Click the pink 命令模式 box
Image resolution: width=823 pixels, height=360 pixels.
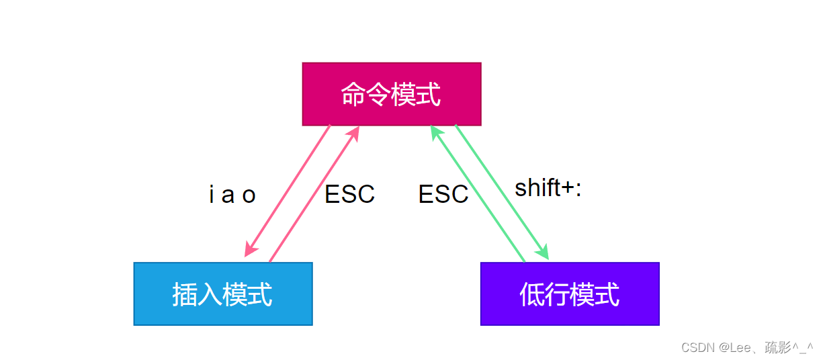point(392,94)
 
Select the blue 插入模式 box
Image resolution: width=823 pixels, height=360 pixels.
point(223,294)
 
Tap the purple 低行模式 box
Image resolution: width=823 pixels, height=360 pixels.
point(570,294)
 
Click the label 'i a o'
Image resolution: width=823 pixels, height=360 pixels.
point(232,194)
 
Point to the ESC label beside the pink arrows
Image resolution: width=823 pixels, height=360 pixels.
point(349,194)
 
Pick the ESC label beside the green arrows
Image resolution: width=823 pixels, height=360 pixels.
point(443,194)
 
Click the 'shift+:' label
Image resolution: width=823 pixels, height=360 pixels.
point(548,187)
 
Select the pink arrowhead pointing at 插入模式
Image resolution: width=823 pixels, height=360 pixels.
point(251,249)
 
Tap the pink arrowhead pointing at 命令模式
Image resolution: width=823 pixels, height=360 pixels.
point(353,134)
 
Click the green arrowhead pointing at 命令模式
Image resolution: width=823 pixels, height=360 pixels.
point(437,133)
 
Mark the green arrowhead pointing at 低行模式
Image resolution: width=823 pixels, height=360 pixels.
point(542,252)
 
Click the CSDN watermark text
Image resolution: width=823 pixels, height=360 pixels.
point(747,347)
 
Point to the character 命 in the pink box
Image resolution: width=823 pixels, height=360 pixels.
point(353,95)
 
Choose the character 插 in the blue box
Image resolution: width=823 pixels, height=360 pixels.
point(185,294)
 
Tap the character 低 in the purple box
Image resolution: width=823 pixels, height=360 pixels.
point(532,294)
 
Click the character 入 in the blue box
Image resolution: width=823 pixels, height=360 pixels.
point(210,294)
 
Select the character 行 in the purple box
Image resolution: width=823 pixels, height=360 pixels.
point(557,294)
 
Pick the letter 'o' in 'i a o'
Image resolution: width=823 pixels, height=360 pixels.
point(249,196)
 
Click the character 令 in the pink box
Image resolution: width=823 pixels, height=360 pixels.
point(378,95)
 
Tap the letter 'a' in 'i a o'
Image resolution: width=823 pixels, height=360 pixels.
point(228,196)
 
